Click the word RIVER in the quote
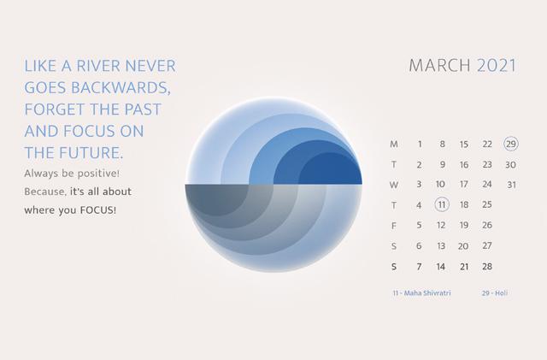[x=98, y=66]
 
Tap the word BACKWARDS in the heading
[x=121, y=87]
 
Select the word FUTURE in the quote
[x=91, y=153]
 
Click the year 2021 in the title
[x=497, y=66]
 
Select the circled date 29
[x=511, y=144]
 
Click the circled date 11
[x=442, y=204]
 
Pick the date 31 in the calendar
[x=511, y=185]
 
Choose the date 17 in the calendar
[x=463, y=185]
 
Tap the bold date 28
[x=487, y=267]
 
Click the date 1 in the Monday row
[x=420, y=145]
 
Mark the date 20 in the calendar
[x=463, y=246]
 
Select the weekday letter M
[x=394, y=145]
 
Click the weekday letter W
[x=394, y=185]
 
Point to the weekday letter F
[x=394, y=227]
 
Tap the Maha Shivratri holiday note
[x=421, y=293]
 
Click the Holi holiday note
[x=495, y=293]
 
